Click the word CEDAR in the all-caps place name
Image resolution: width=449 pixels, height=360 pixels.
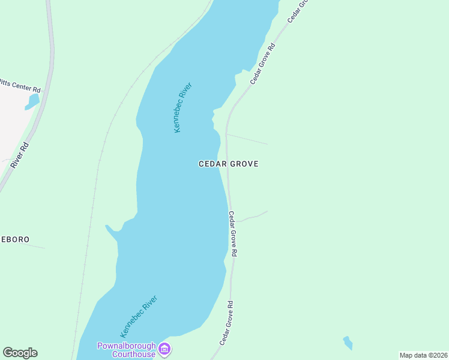click(x=212, y=164)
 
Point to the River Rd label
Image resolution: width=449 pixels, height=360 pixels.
click(x=20, y=155)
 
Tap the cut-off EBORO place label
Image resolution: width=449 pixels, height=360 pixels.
click(x=14, y=239)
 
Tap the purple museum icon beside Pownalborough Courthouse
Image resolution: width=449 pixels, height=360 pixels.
click(x=164, y=349)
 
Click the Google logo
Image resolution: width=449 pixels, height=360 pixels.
click(x=20, y=353)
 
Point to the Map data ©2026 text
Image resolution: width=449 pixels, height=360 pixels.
click(x=423, y=355)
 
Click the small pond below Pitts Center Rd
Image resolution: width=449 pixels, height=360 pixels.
click(x=32, y=101)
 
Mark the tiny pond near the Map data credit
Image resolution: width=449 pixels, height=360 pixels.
click(x=348, y=343)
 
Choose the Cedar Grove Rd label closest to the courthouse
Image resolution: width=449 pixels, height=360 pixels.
click(x=226, y=323)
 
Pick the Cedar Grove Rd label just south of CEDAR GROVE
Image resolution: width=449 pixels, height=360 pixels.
click(x=233, y=234)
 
